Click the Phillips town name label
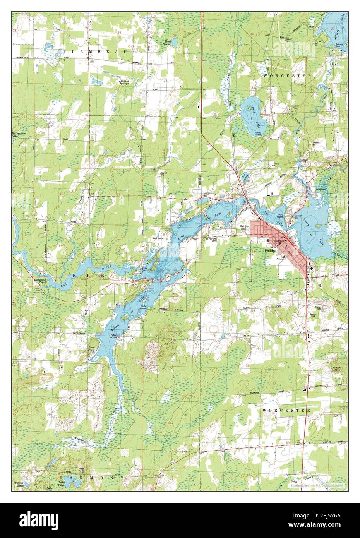pos(271,250)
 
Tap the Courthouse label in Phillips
pos(279,241)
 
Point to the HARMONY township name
pos(95,478)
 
